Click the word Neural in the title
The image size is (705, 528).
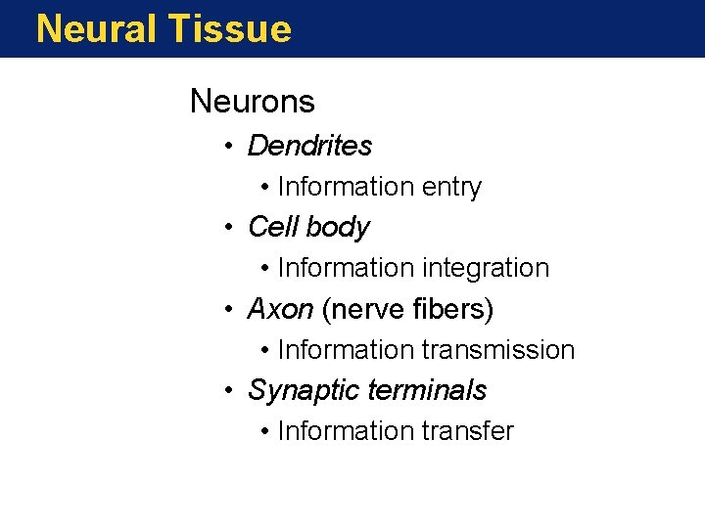click(x=97, y=28)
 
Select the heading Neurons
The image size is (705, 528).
click(x=252, y=101)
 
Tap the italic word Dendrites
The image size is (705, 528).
click(x=309, y=146)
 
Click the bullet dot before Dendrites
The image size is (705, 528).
click(x=226, y=148)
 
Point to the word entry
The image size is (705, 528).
click(x=451, y=187)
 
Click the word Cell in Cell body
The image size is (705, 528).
click(x=272, y=227)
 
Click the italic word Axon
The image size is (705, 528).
click(x=280, y=310)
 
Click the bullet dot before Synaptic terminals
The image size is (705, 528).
click(x=226, y=392)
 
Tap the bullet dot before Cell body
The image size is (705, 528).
click(x=226, y=229)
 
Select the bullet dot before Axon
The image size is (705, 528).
click(x=226, y=311)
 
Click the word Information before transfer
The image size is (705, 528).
click(x=346, y=431)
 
